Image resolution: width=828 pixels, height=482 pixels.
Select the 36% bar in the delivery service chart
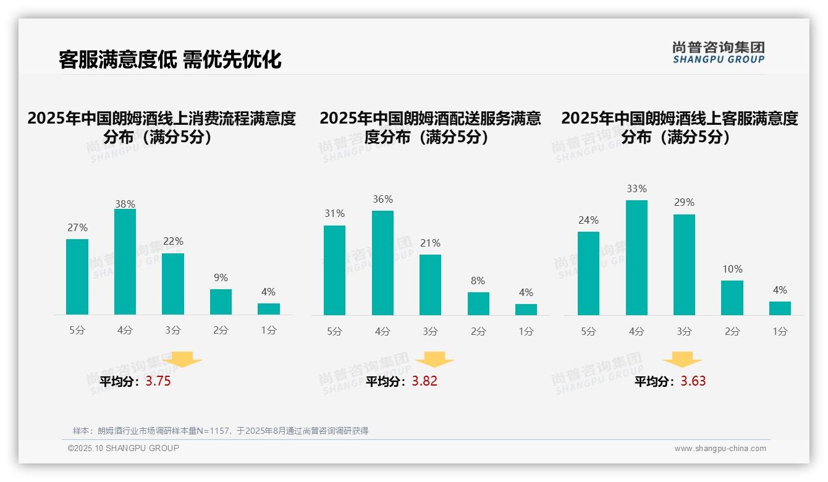pyautogui.click(x=382, y=263)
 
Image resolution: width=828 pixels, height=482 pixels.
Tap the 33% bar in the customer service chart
pyautogui.click(x=636, y=257)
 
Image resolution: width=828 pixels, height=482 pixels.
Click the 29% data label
pyautogui.click(x=684, y=202)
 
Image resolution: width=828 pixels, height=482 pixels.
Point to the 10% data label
pyautogui.click(x=732, y=269)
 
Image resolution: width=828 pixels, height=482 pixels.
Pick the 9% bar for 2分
pyautogui.click(x=221, y=302)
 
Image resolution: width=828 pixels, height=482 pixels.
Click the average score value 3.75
pyautogui.click(x=158, y=381)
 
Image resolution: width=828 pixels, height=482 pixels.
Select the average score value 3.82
pyautogui.click(x=425, y=381)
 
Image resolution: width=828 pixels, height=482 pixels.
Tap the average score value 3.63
pyautogui.click(x=693, y=381)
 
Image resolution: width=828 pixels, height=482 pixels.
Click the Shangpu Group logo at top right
pyautogui.click(x=718, y=53)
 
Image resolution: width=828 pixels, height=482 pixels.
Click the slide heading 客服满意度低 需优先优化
pyautogui.click(x=170, y=59)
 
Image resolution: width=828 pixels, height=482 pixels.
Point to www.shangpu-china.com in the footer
pyautogui.click(x=720, y=449)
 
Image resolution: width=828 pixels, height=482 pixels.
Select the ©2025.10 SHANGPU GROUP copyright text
pyautogui.click(x=124, y=448)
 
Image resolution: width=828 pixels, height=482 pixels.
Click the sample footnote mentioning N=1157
pyautogui.click(x=221, y=431)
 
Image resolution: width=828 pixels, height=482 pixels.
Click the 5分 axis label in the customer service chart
pyautogui.click(x=588, y=331)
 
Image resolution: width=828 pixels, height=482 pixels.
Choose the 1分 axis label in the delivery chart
pyautogui.click(x=526, y=331)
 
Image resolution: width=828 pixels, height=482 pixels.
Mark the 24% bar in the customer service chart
pyautogui.click(x=588, y=273)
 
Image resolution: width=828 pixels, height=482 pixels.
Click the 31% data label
pyautogui.click(x=334, y=213)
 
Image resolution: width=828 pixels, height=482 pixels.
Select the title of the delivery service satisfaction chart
pyautogui.click(x=430, y=127)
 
